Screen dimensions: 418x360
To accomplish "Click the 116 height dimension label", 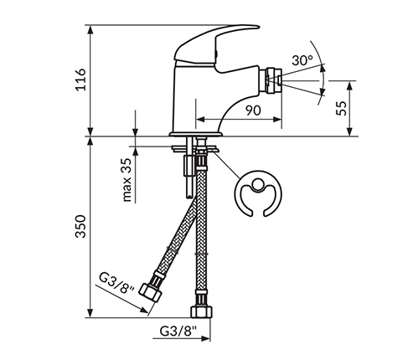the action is pos(81,80).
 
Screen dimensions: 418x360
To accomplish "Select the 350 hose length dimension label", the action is pos(81,226).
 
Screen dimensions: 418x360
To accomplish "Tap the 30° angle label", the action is pos(302,60).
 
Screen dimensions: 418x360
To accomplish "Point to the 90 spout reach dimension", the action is pos(253,111).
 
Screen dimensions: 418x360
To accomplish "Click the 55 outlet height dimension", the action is pos(341,108).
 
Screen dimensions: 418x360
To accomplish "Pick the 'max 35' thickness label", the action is pos(126,180).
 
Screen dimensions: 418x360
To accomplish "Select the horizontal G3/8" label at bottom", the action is pos(178,332).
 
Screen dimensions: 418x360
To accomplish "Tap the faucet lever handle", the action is pos(216,44).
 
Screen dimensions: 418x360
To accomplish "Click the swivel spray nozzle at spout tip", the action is pos(270,81).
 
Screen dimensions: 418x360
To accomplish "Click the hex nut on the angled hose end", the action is pos(150,292).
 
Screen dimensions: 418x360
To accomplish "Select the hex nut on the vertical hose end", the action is pos(201,311).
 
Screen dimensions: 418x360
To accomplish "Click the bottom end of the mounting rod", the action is pos(189,197).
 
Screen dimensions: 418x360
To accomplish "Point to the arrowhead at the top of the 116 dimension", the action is pos(90,29).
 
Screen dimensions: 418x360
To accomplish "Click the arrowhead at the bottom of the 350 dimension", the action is pos(90,313).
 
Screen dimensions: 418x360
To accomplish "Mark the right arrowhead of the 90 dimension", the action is pos(277,120).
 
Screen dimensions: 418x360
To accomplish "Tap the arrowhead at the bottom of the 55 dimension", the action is pos(350,132).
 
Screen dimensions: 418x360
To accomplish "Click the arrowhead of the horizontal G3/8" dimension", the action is pos(205,338).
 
